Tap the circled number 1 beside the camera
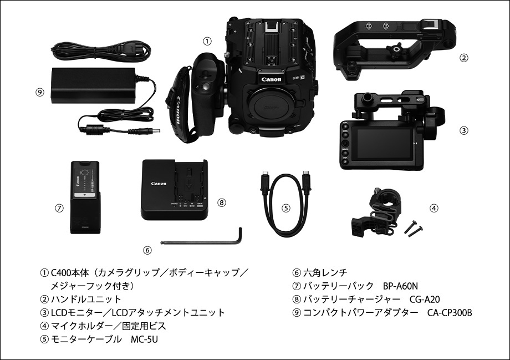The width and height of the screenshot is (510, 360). [x=207, y=42]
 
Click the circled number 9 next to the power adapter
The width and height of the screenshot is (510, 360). [x=40, y=92]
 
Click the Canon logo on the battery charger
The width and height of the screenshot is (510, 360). [x=159, y=184]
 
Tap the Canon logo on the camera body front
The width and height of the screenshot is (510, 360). [x=271, y=79]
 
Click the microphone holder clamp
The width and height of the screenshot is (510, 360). [x=376, y=211]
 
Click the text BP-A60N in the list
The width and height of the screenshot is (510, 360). [x=400, y=286]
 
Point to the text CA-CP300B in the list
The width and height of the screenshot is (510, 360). [x=450, y=312]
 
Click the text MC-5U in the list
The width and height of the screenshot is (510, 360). [x=145, y=339]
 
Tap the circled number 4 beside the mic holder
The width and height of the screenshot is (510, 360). [x=434, y=208]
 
